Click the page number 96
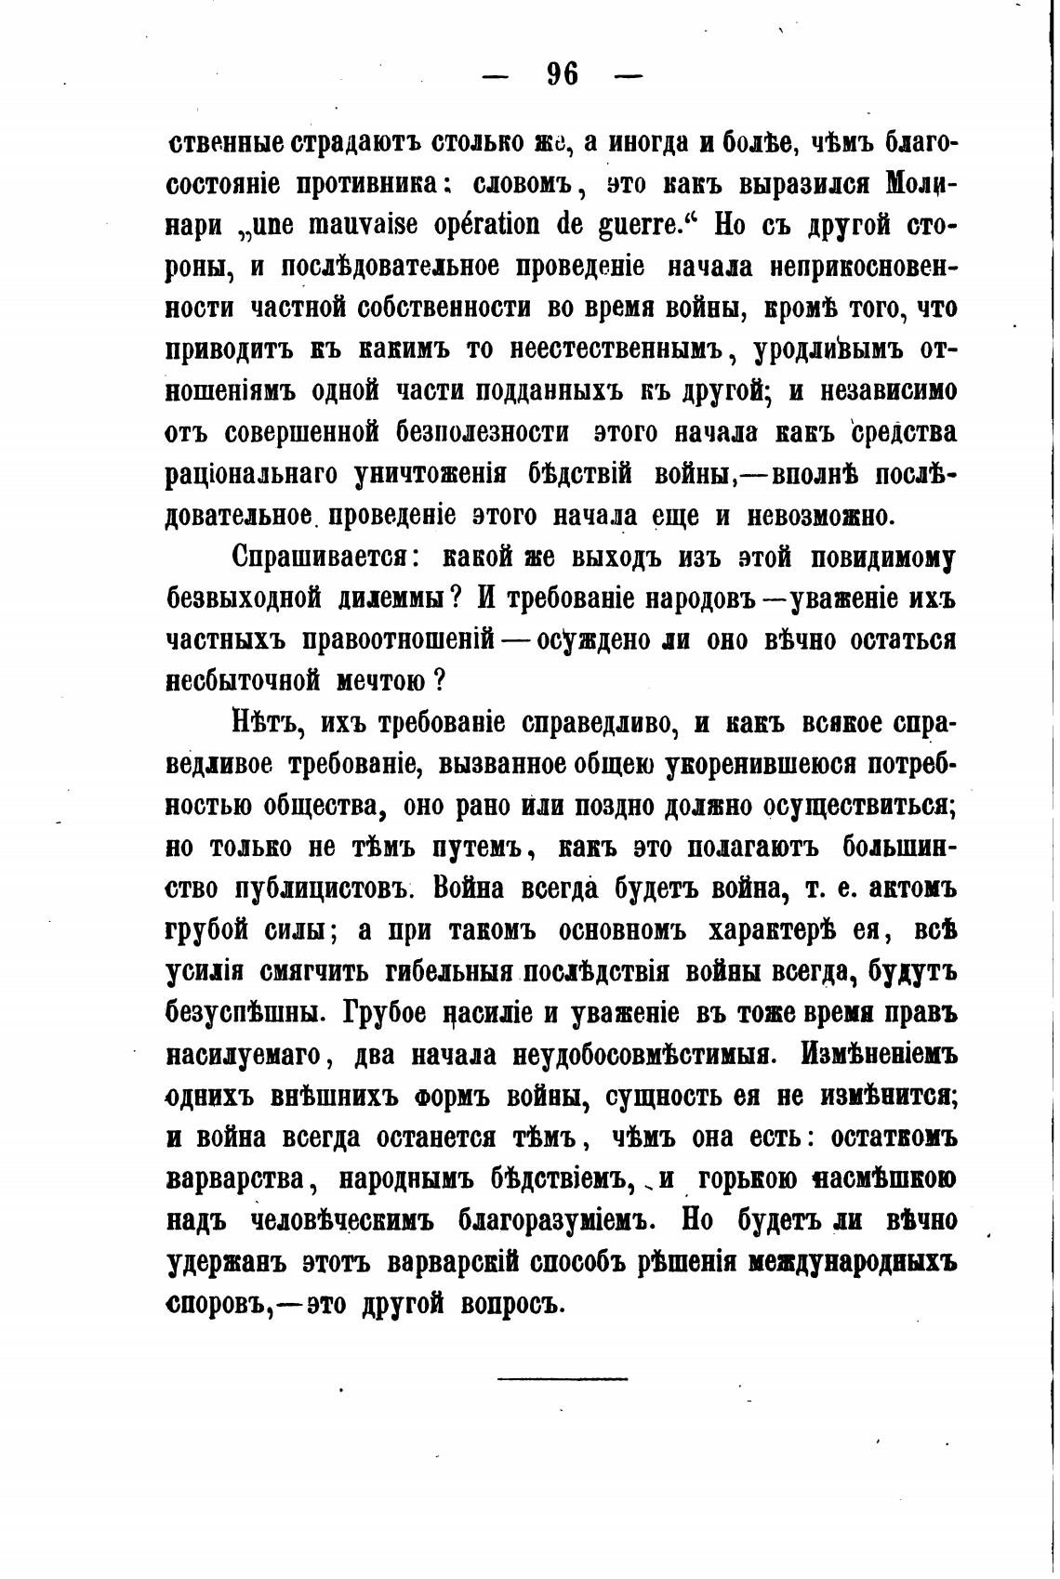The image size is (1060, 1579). click(563, 73)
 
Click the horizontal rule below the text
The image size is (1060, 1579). click(563, 1377)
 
